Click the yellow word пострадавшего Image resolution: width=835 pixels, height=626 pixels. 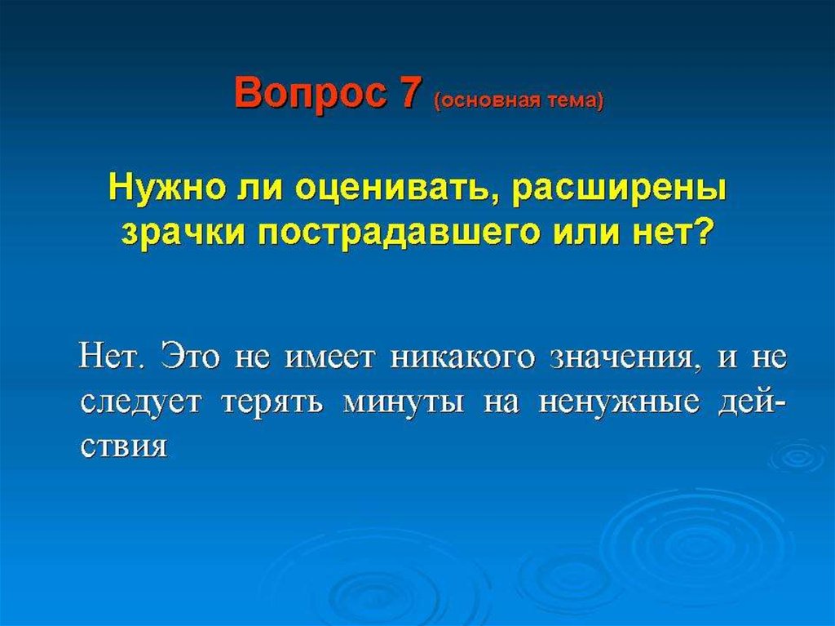click(x=400, y=233)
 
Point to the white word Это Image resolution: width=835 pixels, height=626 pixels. click(x=190, y=356)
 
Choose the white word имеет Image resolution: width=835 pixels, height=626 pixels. click(x=329, y=357)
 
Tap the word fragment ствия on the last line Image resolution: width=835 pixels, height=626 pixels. click(x=124, y=446)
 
